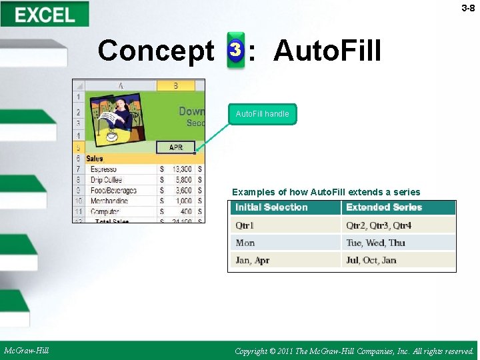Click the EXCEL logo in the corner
point(45,14)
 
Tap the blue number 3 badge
point(235,49)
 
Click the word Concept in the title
point(155,51)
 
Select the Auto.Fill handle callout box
point(262,114)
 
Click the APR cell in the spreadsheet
point(176,147)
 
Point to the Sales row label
point(95,159)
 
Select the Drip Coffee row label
point(106,180)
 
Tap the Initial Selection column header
point(271,207)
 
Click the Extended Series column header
point(384,207)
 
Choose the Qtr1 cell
point(245,225)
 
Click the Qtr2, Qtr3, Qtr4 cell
point(379,225)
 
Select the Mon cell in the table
point(245,243)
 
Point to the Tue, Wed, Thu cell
point(375,243)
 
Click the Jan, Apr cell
point(252,260)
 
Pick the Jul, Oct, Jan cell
point(371,260)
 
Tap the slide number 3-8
point(468,9)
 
